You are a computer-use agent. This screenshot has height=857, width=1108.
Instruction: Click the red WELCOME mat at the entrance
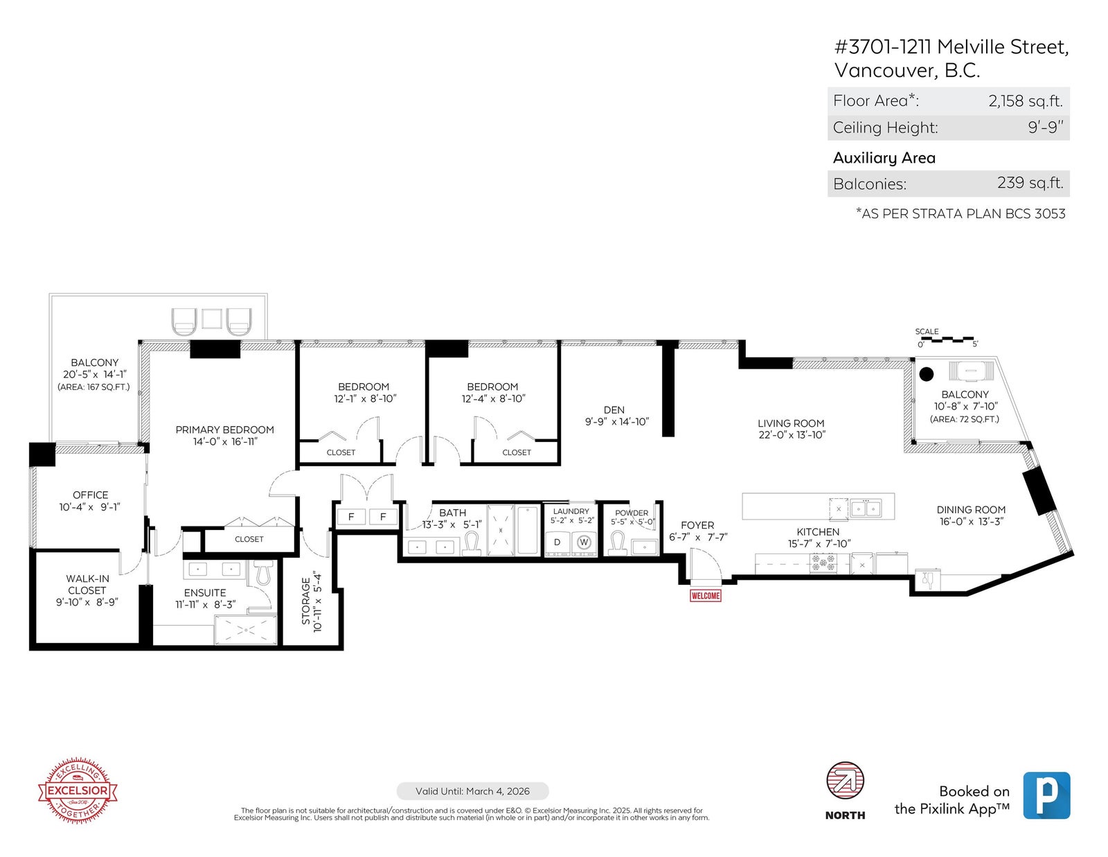(705, 595)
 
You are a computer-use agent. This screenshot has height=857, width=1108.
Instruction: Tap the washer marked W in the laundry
(584, 542)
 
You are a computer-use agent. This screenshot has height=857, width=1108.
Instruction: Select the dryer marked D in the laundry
(557, 542)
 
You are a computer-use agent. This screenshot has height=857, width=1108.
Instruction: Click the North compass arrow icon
(845, 781)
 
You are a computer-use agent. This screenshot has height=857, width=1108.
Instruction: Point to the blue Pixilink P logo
(1046, 795)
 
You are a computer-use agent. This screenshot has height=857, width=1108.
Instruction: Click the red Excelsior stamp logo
(78, 790)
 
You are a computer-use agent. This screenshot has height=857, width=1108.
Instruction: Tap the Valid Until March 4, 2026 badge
(473, 791)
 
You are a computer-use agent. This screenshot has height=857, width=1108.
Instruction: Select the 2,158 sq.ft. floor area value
(1026, 101)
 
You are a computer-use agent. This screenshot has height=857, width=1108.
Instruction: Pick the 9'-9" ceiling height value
(1045, 127)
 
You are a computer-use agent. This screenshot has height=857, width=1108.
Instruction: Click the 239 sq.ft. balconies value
(1030, 183)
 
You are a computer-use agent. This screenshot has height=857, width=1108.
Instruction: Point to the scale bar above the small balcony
(947, 339)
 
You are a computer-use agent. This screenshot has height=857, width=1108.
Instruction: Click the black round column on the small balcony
(926, 374)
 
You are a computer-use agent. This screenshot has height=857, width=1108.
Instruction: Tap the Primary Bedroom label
(225, 430)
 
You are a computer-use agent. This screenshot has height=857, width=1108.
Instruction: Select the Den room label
(614, 410)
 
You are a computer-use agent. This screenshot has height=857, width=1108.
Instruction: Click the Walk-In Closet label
(87, 585)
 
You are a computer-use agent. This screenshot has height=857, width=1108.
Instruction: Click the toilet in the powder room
(618, 542)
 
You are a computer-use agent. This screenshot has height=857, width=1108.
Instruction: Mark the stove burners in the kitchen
(823, 563)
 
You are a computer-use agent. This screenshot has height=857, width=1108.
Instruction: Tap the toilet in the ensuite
(263, 572)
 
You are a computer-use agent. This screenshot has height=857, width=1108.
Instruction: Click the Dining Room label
(971, 510)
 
